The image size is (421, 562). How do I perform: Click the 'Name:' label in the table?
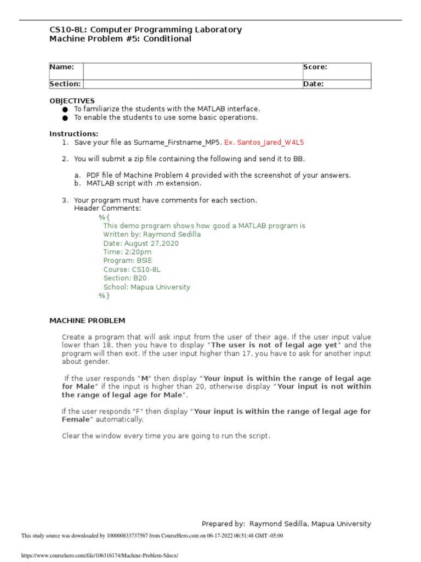[62, 67]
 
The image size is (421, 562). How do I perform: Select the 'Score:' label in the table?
[315, 67]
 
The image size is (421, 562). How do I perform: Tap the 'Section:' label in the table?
[65, 84]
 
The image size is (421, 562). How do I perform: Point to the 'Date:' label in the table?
[313, 84]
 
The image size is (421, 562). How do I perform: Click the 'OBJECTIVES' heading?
[72, 101]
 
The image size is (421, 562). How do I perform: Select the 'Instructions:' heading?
[74, 134]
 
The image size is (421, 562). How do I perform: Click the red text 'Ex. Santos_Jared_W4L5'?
[264, 142]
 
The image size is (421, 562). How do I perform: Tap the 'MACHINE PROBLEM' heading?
[87, 321]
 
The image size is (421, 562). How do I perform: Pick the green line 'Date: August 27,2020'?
[141, 243]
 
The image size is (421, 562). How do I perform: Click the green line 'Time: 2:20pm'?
[127, 252]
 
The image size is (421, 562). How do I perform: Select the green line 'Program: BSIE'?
[129, 261]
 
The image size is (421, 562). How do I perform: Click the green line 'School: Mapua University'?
[147, 287]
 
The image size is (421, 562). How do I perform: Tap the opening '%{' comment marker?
[104, 217]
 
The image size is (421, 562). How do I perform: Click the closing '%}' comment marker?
[104, 296]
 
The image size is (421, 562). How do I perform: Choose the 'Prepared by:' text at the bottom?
[223, 524]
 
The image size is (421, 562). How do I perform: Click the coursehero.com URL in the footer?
[100, 555]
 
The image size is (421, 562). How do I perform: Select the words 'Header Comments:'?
[107, 209]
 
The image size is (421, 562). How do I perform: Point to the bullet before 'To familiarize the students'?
[66, 109]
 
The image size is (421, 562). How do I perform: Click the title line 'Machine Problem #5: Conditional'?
[121, 39]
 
